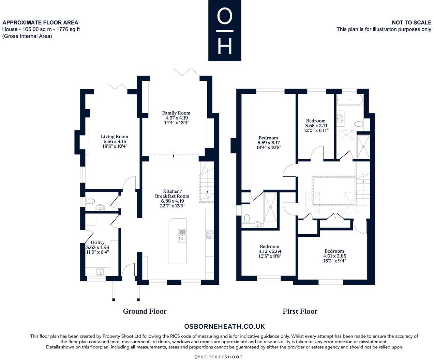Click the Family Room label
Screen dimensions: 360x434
176,113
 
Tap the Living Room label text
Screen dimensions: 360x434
115,137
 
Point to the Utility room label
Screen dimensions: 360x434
98,242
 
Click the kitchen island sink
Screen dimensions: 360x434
182,235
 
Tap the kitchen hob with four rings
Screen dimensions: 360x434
210,234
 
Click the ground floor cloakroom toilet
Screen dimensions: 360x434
90,201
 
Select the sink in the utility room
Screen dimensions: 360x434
100,272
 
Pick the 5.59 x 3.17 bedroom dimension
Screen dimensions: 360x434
268,143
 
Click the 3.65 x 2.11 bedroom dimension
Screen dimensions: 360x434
316,125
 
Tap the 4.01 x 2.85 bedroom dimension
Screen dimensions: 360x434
334,256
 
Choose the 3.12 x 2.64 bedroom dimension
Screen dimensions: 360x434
269,251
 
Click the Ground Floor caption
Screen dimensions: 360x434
145,311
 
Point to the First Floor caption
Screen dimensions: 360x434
300,311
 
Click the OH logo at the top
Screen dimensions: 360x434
225,31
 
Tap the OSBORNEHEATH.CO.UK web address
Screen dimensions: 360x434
224,327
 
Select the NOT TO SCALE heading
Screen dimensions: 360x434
411,22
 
